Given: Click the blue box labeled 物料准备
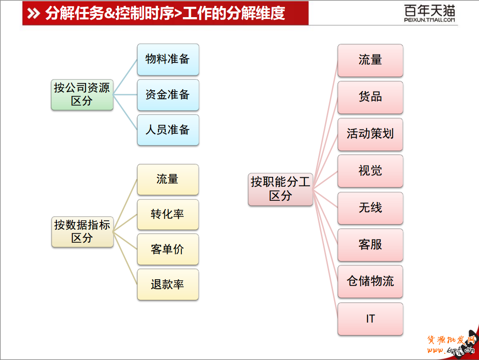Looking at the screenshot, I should point(168,59).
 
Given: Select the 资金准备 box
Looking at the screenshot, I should point(168,95).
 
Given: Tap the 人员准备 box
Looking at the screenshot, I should point(168,130).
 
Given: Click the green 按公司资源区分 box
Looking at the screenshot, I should point(82,94).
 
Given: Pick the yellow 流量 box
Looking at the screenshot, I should point(167,180).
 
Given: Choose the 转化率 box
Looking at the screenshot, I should point(167,214).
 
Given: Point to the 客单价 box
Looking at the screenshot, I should point(167,249).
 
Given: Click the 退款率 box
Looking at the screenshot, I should point(167,284).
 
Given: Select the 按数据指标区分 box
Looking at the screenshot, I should point(82,231).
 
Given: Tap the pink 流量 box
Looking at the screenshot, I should point(370,60).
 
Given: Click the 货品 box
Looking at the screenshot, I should point(370,97).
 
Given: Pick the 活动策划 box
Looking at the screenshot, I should point(370,134).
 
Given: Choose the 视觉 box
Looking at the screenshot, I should point(370,171).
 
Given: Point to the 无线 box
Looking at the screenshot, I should point(370,208).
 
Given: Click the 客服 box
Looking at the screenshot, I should point(370,245).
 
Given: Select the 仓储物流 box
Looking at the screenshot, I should point(370,282).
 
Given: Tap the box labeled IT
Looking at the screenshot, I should point(370,319).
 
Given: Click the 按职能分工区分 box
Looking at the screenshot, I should point(280,189).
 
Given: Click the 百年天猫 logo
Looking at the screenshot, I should point(429,13).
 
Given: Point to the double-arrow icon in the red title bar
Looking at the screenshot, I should point(33,14).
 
